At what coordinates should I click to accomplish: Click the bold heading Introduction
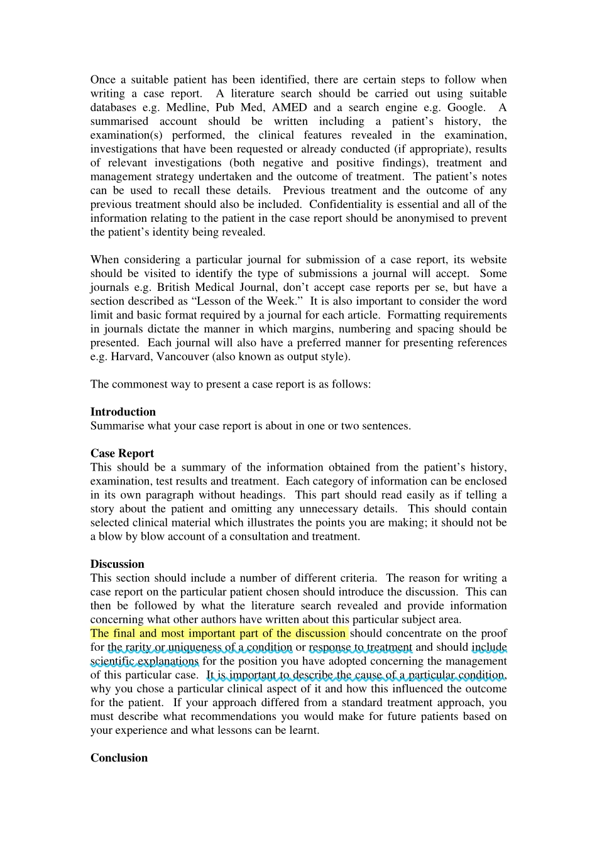click(x=123, y=412)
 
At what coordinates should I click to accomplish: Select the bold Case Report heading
click(x=122, y=454)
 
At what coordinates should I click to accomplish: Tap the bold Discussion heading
click(x=117, y=564)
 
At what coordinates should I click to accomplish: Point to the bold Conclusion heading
click(x=119, y=758)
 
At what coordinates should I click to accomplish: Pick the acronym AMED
click(x=289, y=107)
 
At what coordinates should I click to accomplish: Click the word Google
click(x=466, y=107)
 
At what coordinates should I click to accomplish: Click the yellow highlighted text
click(x=218, y=633)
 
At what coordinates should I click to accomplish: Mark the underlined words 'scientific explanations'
click(x=145, y=661)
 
